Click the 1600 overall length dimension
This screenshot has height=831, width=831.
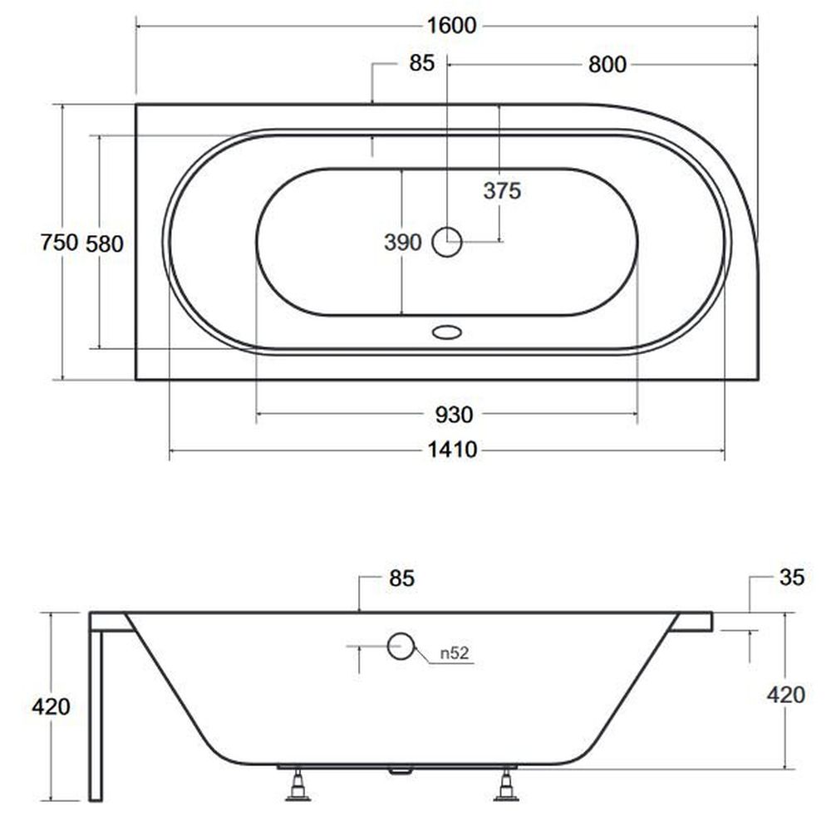point(452,26)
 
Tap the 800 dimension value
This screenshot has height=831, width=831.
point(607,65)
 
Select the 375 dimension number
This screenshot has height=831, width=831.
point(502,191)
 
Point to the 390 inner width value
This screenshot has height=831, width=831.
point(403,242)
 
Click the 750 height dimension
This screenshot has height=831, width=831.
point(59,243)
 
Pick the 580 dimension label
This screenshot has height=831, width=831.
point(105,243)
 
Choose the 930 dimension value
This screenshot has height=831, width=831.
point(455,415)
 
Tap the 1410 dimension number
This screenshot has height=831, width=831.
point(453,450)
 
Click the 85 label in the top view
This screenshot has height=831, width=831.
point(422,63)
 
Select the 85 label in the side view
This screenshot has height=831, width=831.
point(401,578)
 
